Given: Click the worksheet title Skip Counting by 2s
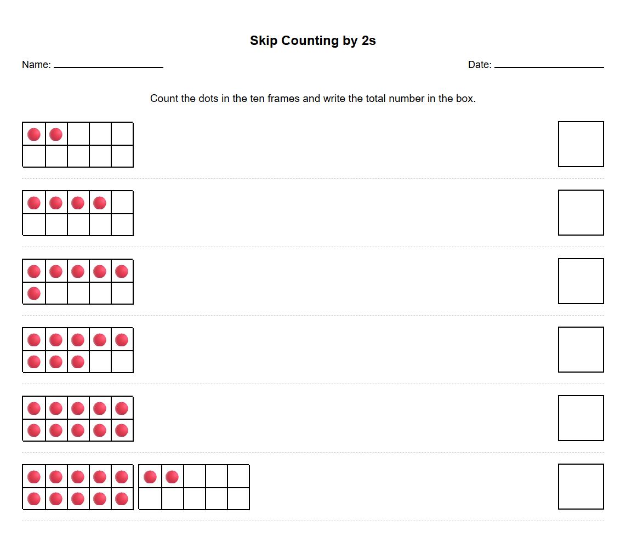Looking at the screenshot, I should pyautogui.click(x=312, y=41).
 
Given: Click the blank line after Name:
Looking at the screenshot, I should pyautogui.click(x=109, y=66).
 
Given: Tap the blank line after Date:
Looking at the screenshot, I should pyautogui.click(x=549, y=66).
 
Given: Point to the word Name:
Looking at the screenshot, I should pyautogui.click(x=36, y=65).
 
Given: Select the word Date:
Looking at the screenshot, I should pyautogui.click(x=480, y=65).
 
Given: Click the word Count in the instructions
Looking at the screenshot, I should pyautogui.click(x=164, y=99).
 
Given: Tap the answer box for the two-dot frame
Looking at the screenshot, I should pyautogui.click(x=581, y=144).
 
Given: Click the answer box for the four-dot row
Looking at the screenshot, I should pyautogui.click(x=581, y=213).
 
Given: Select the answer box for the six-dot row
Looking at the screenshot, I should pyautogui.click(x=581, y=281).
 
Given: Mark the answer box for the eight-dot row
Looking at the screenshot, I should pyautogui.click(x=581, y=350).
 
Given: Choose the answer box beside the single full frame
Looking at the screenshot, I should pyautogui.click(x=581, y=418).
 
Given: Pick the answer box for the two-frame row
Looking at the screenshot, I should pyautogui.click(x=581, y=487).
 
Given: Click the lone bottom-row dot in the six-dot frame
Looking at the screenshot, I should pyautogui.click(x=34, y=293).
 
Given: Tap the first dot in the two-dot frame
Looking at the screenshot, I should pyautogui.click(x=34, y=134).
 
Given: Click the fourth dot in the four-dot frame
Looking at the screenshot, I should pyautogui.click(x=100, y=203).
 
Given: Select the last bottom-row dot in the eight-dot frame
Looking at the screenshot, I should pyautogui.click(x=78, y=362).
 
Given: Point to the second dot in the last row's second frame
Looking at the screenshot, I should pyautogui.click(x=172, y=477).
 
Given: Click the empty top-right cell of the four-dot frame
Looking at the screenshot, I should pyautogui.click(x=122, y=203).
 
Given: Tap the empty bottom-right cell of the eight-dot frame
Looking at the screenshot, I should pyautogui.click(x=122, y=362).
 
